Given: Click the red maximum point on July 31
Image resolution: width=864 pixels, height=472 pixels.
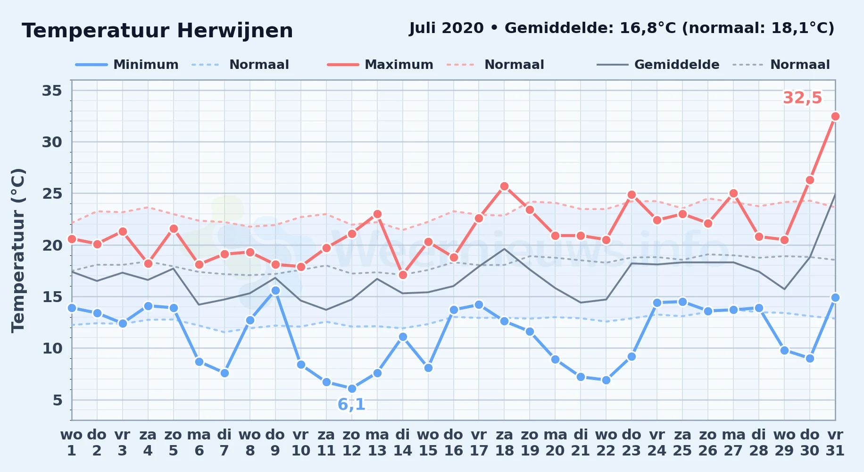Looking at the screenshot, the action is pyautogui.click(x=835, y=116).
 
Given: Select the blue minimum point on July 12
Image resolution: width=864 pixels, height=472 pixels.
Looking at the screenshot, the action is pyautogui.click(x=352, y=388).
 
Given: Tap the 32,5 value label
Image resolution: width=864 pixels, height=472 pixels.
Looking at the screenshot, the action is pyautogui.click(x=802, y=98).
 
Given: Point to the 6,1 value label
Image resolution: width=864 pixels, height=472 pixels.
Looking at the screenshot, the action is pyautogui.click(x=351, y=405).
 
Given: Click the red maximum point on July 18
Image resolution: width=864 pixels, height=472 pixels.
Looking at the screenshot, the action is pyautogui.click(x=504, y=186).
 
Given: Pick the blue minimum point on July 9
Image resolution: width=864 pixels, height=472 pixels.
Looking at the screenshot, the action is pyautogui.click(x=275, y=290).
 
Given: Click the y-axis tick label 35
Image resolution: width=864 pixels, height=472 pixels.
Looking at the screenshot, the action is pyautogui.click(x=52, y=90).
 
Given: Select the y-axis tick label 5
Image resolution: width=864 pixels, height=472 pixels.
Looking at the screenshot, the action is pyautogui.click(x=58, y=400).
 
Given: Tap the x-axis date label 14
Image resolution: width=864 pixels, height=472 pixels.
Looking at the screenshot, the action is pyautogui.click(x=403, y=451).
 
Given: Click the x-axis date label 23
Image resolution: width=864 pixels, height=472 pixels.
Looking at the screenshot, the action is pyautogui.click(x=631, y=451).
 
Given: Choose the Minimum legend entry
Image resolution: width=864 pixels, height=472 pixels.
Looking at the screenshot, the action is pyautogui.click(x=127, y=65).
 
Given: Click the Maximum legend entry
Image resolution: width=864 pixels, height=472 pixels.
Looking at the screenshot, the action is pyautogui.click(x=380, y=65).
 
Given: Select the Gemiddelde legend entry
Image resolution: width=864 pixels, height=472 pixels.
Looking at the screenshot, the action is pyautogui.click(x=658, y=65).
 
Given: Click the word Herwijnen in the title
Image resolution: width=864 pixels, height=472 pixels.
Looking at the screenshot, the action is pyautogui.click(x=235, y=31).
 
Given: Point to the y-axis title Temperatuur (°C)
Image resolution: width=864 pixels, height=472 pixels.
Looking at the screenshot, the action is pyautogui.click(x=18, y=250).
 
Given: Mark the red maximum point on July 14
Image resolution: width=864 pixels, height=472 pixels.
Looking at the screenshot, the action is pyautogui.click(x=403, y=275).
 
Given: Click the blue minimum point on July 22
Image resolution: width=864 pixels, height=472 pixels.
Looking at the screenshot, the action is pyautogui.click(x=606, y=380).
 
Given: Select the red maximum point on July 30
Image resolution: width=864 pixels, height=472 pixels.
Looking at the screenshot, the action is pyautogui.click(x=810, y=180).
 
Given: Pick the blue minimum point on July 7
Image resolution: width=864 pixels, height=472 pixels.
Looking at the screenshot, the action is pyautogui.click(x=224, y=373).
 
